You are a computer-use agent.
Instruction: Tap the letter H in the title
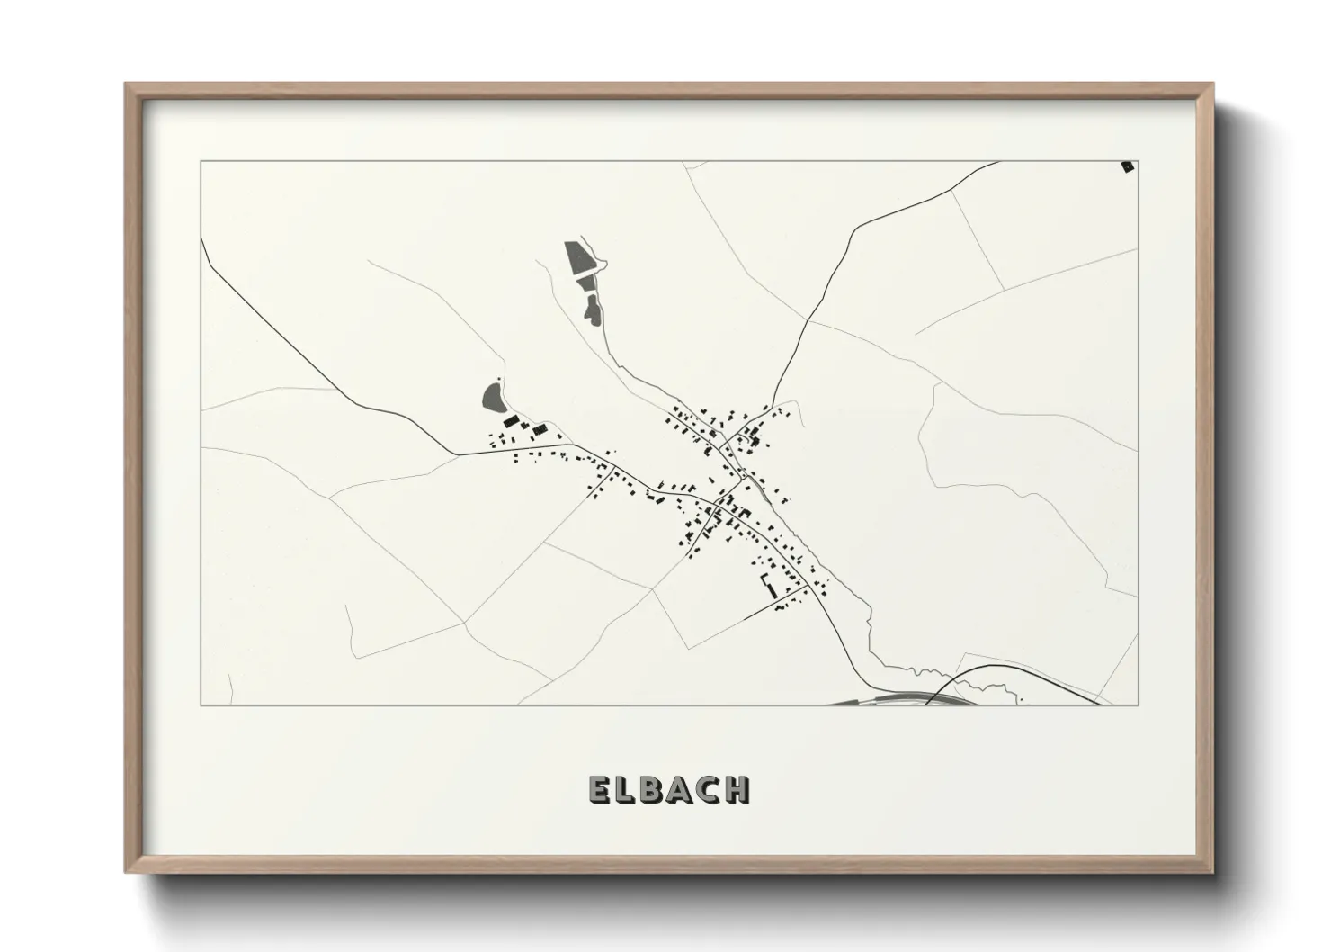click(x=737, y=789)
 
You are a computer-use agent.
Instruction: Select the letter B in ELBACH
click(x=655, y=789)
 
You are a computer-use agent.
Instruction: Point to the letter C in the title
click(x=710, y=789)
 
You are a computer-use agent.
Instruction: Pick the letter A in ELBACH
click(x=682, y=789)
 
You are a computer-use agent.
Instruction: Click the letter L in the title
click(x=627, y=789)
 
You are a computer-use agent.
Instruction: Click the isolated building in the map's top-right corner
click(x=1127, y=166)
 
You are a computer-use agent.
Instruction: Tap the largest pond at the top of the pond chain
click(x=576, y=258)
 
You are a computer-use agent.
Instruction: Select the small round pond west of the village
click(x=492, y=397)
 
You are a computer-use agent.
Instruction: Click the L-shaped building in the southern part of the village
click(x=768, y=587)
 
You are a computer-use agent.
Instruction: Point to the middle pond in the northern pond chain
click(x=587, y=284)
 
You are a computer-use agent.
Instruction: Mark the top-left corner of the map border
click(x=201, y=162)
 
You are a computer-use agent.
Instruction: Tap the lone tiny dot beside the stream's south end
click(x=1022, y=698)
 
